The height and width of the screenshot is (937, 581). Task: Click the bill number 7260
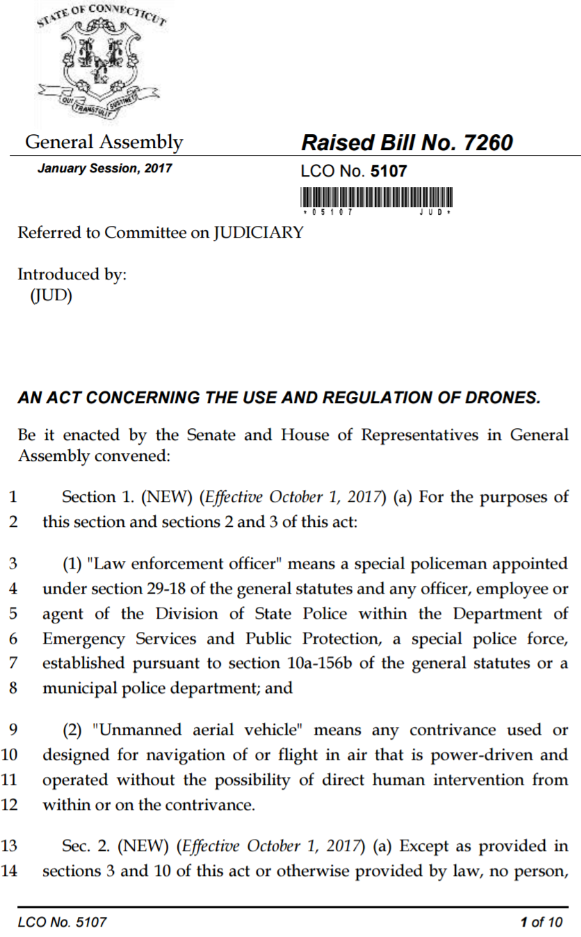486,143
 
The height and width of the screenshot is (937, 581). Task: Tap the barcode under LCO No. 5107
377,197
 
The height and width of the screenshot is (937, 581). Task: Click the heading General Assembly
104,143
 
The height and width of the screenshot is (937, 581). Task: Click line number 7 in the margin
13,663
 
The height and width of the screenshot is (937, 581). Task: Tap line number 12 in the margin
10,805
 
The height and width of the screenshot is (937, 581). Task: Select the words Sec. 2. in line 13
85,846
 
